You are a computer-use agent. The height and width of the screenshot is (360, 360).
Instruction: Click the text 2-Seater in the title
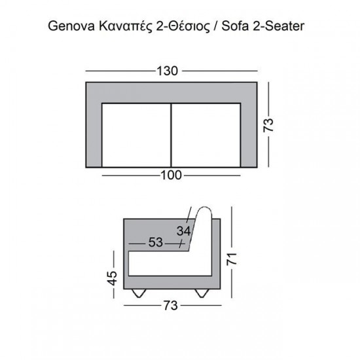point(283,27)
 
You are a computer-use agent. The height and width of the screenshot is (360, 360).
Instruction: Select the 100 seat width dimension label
point(171,175)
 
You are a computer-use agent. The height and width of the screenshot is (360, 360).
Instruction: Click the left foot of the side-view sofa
point(139,293)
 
